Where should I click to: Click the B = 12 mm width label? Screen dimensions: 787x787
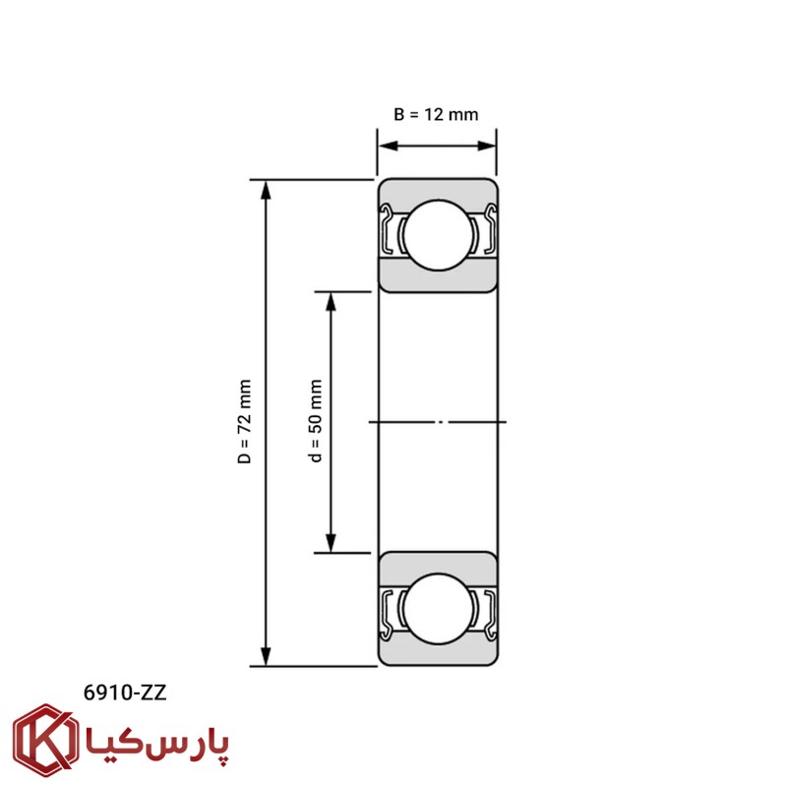(436, 114)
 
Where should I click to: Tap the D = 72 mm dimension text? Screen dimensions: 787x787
(244, 422)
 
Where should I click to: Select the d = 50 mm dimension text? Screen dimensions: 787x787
(315, 421)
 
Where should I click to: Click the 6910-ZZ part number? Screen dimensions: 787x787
(125, 693)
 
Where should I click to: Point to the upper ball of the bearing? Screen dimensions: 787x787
(438, 235)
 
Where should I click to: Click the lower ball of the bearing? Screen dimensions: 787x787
(438, 609)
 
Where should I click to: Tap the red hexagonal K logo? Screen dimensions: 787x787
(45, 741)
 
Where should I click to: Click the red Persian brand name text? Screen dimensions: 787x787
(157, 744)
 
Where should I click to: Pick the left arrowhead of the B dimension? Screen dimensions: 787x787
(388, 146)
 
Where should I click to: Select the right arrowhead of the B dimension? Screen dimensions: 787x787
(487, 146)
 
